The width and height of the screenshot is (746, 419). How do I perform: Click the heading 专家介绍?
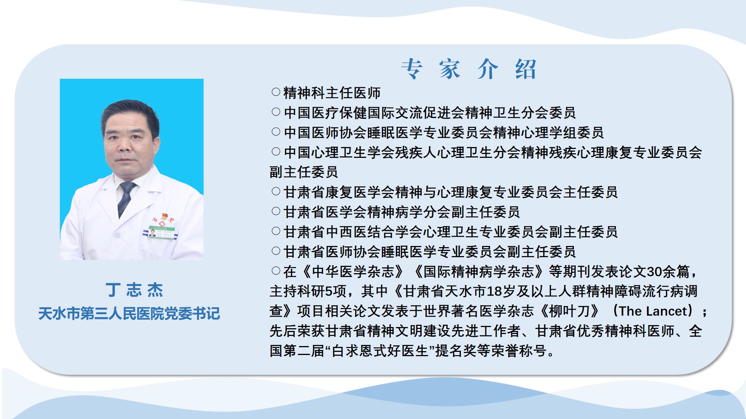point(469,69)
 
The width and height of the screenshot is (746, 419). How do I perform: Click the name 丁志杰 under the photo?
point(134,290)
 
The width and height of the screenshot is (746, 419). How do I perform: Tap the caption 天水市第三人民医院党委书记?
point(129,313)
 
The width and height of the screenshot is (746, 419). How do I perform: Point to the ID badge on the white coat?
point(161,232)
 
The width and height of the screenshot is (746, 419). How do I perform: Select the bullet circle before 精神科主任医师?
point(276,92)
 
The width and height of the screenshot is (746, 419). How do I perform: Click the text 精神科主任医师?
point(332,93)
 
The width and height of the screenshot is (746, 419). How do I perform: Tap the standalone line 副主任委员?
point(304,172)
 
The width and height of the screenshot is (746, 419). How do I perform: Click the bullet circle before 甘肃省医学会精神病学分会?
point(276,211)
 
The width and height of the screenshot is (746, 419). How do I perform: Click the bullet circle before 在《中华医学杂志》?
point(276,271)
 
